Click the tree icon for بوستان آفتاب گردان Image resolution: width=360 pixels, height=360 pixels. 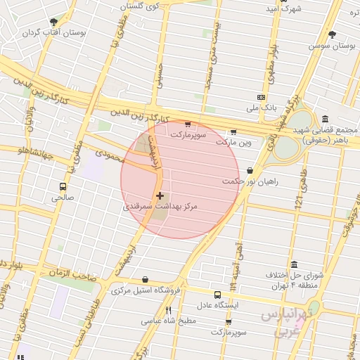(53, 22)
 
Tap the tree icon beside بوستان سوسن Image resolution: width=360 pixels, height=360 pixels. (332, 34)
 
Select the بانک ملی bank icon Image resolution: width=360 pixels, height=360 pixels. (261, 97)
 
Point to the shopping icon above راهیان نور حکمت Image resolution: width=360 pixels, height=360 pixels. (250, 170)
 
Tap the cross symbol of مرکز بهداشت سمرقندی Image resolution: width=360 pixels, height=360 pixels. (160, 196)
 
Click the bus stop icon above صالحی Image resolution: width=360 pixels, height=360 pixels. (63, 187)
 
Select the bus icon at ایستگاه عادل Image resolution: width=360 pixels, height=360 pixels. (217, 295)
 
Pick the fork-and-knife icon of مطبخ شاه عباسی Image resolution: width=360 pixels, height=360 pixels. (168, 310)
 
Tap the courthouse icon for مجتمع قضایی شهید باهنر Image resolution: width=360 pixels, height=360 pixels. (325, 120)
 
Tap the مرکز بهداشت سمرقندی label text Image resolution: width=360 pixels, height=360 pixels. (160, 207)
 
